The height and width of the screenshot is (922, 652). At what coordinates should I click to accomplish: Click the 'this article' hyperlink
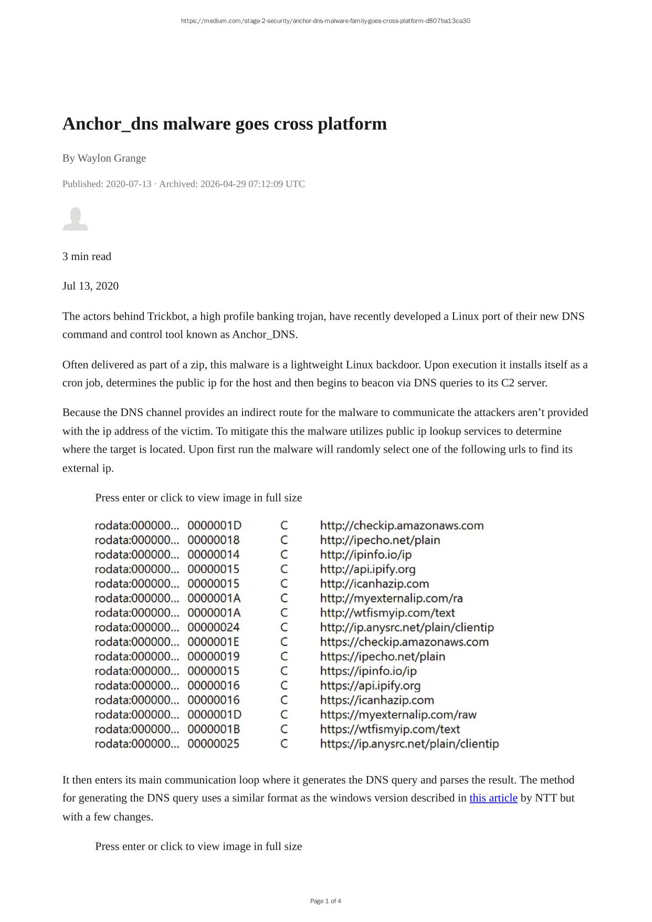click(x=493, y=798)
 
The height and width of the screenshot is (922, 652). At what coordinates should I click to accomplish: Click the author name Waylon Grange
click(x=111, y=158)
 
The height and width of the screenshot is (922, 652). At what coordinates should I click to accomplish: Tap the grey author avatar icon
click(x=76, y=219)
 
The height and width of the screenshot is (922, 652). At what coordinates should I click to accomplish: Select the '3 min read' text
click(x=87, y=256)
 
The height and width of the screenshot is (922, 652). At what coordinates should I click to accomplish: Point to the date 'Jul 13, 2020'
click(x=90, y=286)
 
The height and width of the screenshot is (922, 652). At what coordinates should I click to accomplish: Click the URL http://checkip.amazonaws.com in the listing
click(x=402, y=526)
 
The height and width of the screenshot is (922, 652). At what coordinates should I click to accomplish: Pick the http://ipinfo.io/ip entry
click(x=366, y=554)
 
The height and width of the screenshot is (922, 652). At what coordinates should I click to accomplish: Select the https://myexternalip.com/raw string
click(x=398, y=715)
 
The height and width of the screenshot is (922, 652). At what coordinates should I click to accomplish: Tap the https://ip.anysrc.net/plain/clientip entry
click(x=409, y=743)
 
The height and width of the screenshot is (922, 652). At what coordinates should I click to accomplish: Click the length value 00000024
click(x=214, y=627)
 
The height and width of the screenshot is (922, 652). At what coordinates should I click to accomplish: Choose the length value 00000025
click(x=214, y=743)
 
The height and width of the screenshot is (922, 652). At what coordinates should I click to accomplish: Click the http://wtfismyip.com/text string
click(x=387, y=613)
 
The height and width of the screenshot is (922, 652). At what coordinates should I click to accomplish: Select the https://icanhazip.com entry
click(x=377, y=700)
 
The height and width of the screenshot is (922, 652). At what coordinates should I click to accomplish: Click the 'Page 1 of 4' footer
click(x=325, y=901)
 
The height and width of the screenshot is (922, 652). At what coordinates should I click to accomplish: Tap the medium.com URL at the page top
click(x=325, y=21)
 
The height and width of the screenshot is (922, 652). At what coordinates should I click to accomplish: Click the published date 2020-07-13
click(x=129, y=184)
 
